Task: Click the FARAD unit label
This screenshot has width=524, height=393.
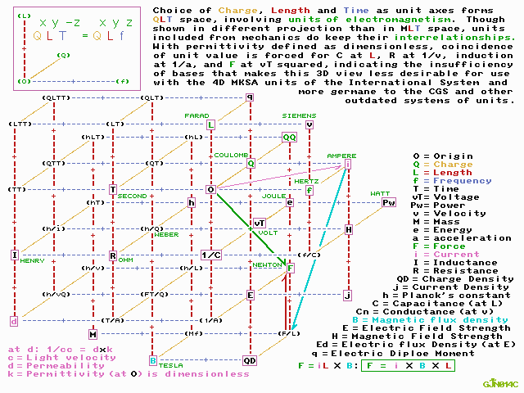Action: [196, 115]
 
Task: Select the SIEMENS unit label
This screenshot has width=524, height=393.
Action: [298, 115]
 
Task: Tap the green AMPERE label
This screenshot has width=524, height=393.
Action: [341, 156]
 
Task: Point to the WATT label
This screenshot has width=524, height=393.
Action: [380, 194]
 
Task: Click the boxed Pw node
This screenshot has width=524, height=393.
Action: [388, 202]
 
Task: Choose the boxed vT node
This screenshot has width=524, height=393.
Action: [260, 223]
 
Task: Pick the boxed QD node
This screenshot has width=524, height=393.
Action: [250, 359]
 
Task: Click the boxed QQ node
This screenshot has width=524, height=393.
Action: [289, 138]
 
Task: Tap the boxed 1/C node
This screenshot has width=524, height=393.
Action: [210, 255]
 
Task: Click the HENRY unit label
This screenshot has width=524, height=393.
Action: [33, 260]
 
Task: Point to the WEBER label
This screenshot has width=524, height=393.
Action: [166, 234]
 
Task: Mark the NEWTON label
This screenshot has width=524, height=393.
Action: [266, 264]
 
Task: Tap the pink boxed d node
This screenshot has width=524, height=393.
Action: [13, 320]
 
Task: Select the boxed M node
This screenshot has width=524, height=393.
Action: [93, 333]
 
